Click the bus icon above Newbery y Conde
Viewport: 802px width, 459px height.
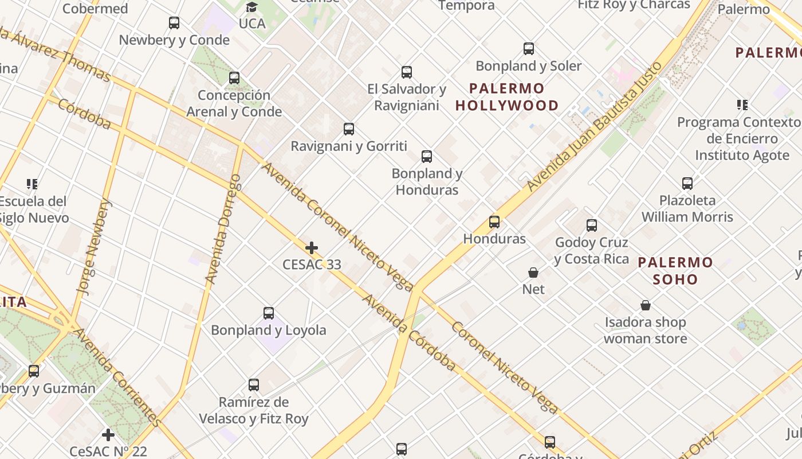(174, 23)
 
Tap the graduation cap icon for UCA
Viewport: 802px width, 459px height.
(251, 7)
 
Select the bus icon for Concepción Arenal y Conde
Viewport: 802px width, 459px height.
(234, 78)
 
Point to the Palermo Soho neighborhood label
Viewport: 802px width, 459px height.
(675, 271)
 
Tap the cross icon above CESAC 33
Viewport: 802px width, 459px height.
(312, 248)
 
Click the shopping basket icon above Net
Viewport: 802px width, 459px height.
(533, 273)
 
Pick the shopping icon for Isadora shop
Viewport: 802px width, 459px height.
(646, 305)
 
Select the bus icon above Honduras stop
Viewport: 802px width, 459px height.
(494, 221)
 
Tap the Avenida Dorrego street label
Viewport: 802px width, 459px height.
(223, 229)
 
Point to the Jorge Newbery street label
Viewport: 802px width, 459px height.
(95, 247)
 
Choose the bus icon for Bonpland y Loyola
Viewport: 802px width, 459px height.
(269, 313)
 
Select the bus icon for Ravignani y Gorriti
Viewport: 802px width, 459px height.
(349, 129)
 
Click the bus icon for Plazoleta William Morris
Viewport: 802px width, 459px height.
(687, 184)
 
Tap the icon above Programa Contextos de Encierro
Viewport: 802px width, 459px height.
(742, 105)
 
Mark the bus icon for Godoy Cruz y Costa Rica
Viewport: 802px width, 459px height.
(592, 225)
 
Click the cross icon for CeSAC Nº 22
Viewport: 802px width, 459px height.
(108, 434)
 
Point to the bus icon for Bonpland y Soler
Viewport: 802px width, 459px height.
(529, 49)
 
